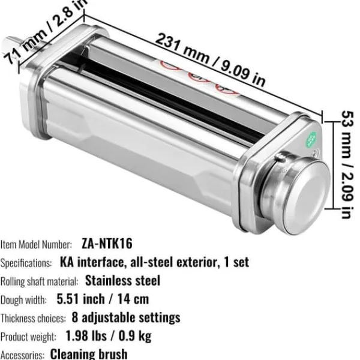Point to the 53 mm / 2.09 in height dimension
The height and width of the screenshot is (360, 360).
point(347,164)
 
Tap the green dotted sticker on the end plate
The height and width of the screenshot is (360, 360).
point(311,139)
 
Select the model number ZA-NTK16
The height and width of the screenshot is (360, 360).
point(107,244)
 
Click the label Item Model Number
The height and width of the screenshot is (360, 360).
point(36,245)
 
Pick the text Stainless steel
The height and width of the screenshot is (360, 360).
point(122,281)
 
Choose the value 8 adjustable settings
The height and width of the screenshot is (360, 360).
point(126,318)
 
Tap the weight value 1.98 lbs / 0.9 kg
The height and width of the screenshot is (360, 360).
point(109,336)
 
